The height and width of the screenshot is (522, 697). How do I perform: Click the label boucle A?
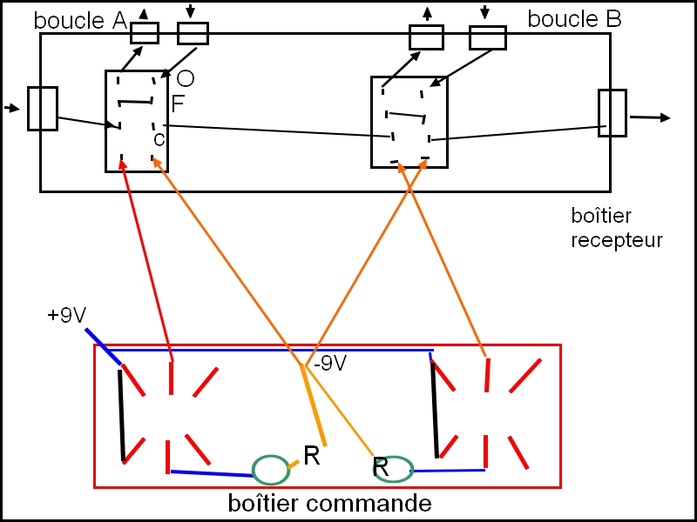80,20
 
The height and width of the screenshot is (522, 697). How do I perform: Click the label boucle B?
575,19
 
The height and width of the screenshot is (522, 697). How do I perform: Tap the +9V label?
66,315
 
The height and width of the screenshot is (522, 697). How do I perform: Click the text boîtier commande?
329,503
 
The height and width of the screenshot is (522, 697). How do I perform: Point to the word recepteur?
617,239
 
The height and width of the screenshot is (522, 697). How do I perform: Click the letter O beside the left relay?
185,79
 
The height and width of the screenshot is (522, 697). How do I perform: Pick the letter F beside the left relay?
178,104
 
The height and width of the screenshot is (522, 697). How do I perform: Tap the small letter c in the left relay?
159,138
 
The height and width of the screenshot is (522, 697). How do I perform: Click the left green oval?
270,469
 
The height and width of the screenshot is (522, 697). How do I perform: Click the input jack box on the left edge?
43,109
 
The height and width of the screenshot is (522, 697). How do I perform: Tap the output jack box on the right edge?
612,112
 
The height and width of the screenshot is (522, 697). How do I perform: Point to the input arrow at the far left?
11,109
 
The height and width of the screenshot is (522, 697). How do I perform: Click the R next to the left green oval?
312,454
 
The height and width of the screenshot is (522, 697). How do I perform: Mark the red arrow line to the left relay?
148,261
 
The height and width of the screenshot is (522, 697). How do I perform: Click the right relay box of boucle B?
409,122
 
